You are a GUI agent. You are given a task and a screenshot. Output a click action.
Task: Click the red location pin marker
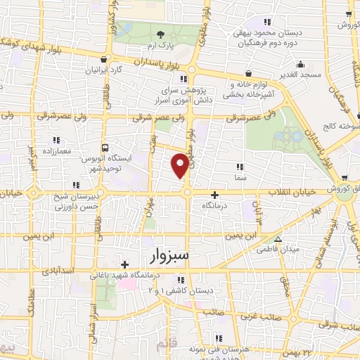[x=181, y=164]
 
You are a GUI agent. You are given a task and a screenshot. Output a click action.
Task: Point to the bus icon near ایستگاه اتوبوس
[x=105, y=148]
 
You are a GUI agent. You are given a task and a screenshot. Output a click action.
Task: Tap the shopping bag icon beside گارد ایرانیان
[x=105, y=60]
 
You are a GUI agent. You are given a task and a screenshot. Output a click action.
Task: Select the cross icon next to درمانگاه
[x=214, y=194]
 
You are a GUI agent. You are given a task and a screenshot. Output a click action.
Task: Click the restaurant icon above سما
[x=240, y=167]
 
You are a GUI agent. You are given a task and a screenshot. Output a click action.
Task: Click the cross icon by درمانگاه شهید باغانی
[x=124, y=265]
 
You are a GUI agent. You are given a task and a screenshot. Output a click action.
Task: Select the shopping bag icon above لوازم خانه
[x=250, y=73]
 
